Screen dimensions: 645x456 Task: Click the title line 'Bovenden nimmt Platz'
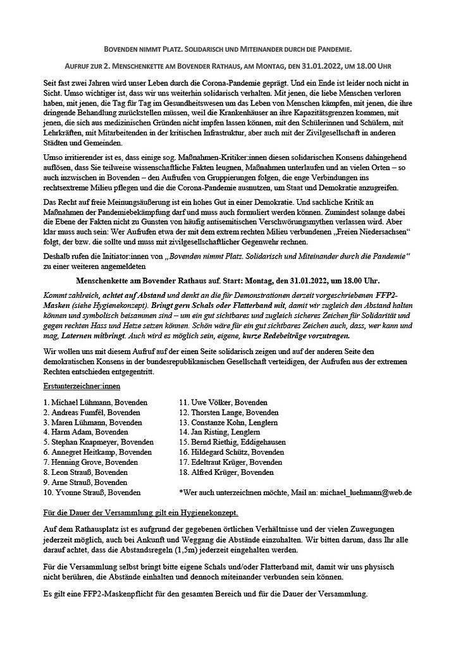pyautogui.click(x=227, y=49)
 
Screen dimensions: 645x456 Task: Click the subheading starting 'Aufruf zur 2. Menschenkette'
pyautogui.click(x=227, y=66)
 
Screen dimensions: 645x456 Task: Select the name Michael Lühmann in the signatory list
pyautogui.click(x=96, y=402)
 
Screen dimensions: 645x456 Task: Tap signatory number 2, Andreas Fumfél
pyautogui.click(x=92, y=412)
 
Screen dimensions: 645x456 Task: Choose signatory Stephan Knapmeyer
pyautogui.click(x=98, y=442)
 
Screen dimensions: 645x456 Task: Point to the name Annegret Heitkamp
pyautogui.click(x=98, y=452)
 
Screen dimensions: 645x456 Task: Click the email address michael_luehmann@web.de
pyautogui.click(x=366, y=491)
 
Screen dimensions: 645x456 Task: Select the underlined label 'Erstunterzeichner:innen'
pyautogui.click(x=82, y=385)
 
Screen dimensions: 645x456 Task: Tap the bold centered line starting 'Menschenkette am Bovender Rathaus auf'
pyautogui.click(x=228, y=280)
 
